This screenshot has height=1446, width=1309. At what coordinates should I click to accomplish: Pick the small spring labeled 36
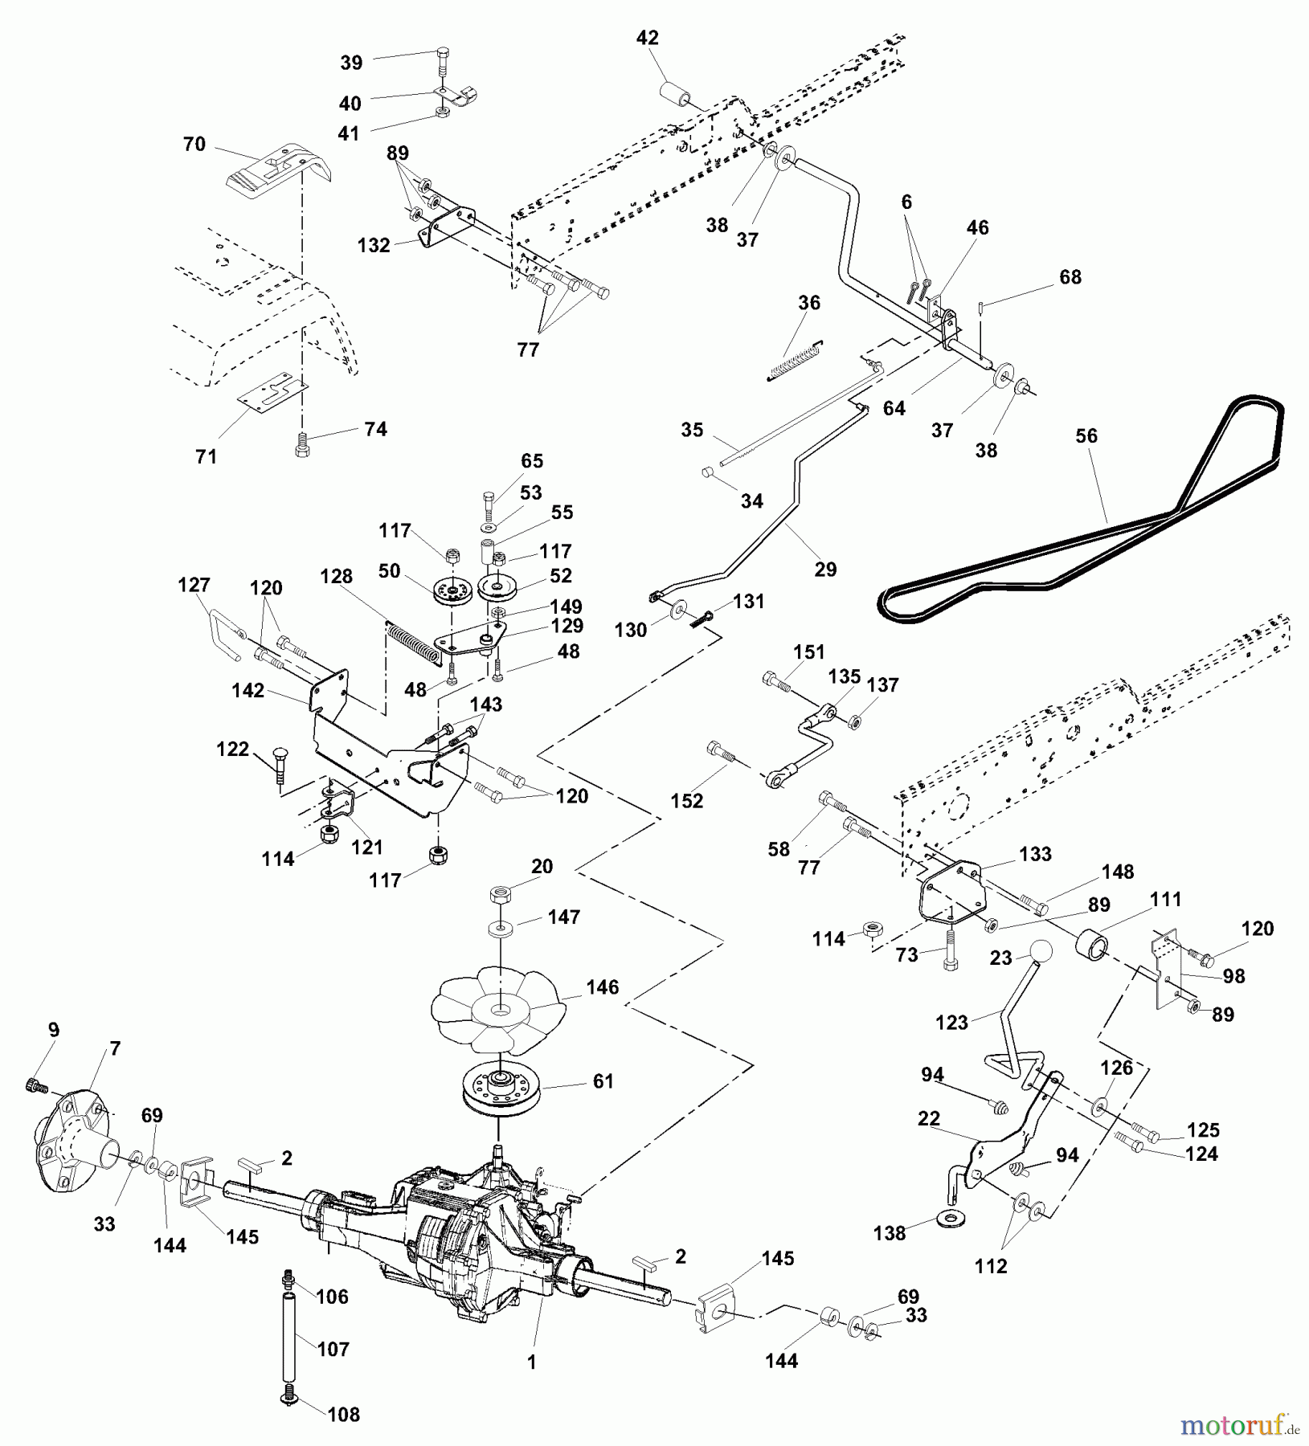[794, 361]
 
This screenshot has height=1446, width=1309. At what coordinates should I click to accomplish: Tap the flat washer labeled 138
[952, 1221]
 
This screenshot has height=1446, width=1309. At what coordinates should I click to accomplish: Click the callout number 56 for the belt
[1086, 436]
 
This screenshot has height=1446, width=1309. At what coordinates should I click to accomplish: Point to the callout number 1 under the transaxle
[531, 1362]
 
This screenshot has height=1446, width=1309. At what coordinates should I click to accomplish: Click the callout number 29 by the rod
[825, 570]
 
